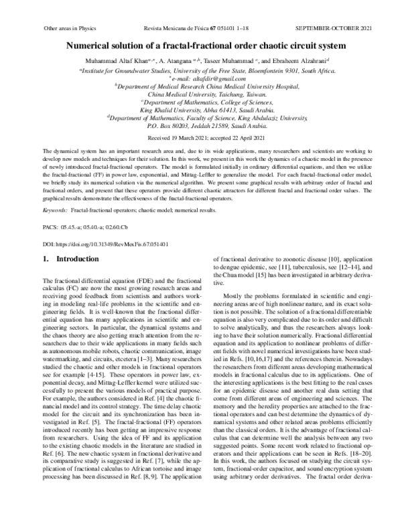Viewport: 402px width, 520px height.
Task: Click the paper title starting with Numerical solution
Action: pos(200,46)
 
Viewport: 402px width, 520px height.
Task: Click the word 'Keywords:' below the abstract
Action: pos(55,210)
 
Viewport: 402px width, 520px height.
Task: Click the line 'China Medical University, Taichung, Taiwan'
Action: pos(200,94)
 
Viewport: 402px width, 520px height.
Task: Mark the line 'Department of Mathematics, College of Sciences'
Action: pos(200,102)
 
